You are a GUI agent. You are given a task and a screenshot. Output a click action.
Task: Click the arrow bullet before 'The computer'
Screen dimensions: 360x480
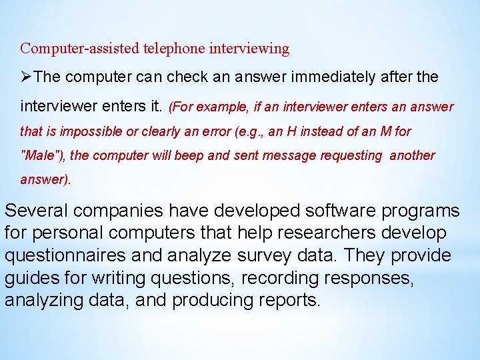(26, 77)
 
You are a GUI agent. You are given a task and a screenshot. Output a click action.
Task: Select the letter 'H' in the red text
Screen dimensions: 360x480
(291, 131)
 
